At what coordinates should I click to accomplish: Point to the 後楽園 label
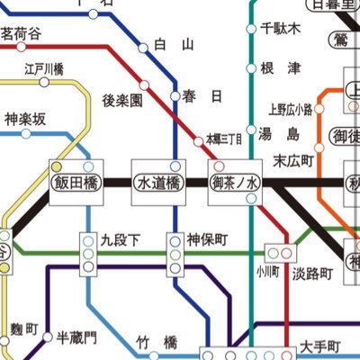tap(122, 101)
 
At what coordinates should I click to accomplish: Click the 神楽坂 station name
tap(25, 118)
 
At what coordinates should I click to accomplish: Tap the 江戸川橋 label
tap(44, 67)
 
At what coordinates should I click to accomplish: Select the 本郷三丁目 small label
tap(225, 139)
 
